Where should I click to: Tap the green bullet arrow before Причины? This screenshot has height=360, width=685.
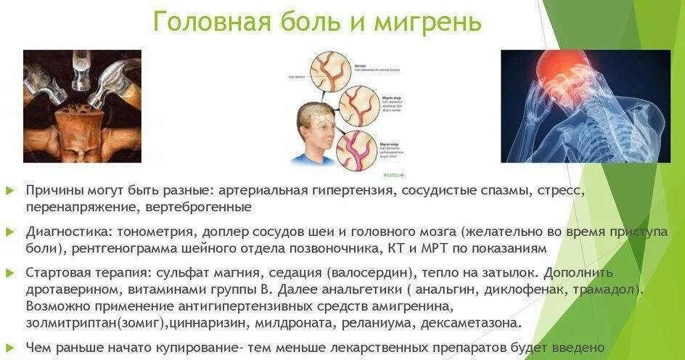(9, 190)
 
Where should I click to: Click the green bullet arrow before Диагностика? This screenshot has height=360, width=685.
(9, 232)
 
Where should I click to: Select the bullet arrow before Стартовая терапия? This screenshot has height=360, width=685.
(9, 273)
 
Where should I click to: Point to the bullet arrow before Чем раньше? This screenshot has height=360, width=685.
(9, 347)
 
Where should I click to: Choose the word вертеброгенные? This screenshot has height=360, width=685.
(202, 208)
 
